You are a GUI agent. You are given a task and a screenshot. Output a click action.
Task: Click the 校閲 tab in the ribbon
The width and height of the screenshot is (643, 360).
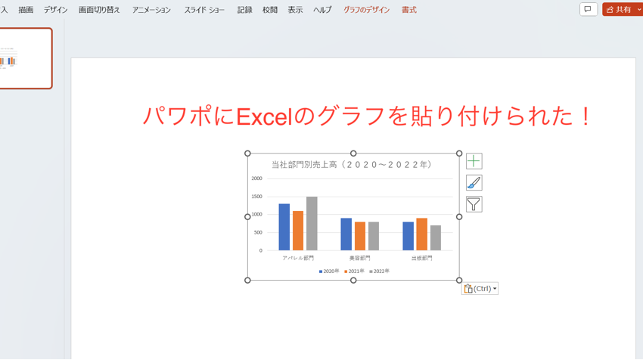point(270,10)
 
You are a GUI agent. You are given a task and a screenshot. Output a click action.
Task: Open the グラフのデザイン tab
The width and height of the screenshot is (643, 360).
point(367,10)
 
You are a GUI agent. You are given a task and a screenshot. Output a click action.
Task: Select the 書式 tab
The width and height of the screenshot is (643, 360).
point(409,10)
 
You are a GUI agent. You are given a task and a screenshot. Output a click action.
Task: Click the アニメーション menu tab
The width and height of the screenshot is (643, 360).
point(151,10)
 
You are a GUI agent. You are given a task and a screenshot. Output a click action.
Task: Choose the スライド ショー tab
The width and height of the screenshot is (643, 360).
point(204,10)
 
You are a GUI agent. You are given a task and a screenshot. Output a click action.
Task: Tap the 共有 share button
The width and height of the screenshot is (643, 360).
point(619,9)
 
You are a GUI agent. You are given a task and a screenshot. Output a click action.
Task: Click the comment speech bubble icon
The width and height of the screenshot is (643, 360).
point(589,9)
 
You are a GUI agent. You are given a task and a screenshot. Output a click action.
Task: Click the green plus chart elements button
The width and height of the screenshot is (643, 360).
point(474,161)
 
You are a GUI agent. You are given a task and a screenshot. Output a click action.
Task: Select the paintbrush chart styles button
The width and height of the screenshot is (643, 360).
point(474,182)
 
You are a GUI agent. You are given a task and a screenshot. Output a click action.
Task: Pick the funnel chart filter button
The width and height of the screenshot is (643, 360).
point(474,204)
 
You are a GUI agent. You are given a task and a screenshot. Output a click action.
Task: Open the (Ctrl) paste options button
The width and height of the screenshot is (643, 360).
point(480,288)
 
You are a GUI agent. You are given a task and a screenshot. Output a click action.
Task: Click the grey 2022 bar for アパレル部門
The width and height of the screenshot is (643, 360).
point(312,224)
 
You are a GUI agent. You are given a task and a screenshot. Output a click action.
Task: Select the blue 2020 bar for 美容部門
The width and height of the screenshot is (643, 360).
point(346,234)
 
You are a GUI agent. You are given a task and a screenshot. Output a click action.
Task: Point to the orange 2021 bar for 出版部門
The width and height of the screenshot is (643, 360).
point(421,234)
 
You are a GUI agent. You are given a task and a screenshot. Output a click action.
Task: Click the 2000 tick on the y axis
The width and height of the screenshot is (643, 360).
point(256,178)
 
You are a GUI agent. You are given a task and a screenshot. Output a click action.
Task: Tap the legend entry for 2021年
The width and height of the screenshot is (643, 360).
point(353,271)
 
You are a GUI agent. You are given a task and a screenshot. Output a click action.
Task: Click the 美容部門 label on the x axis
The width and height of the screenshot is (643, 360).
point(359,258)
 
